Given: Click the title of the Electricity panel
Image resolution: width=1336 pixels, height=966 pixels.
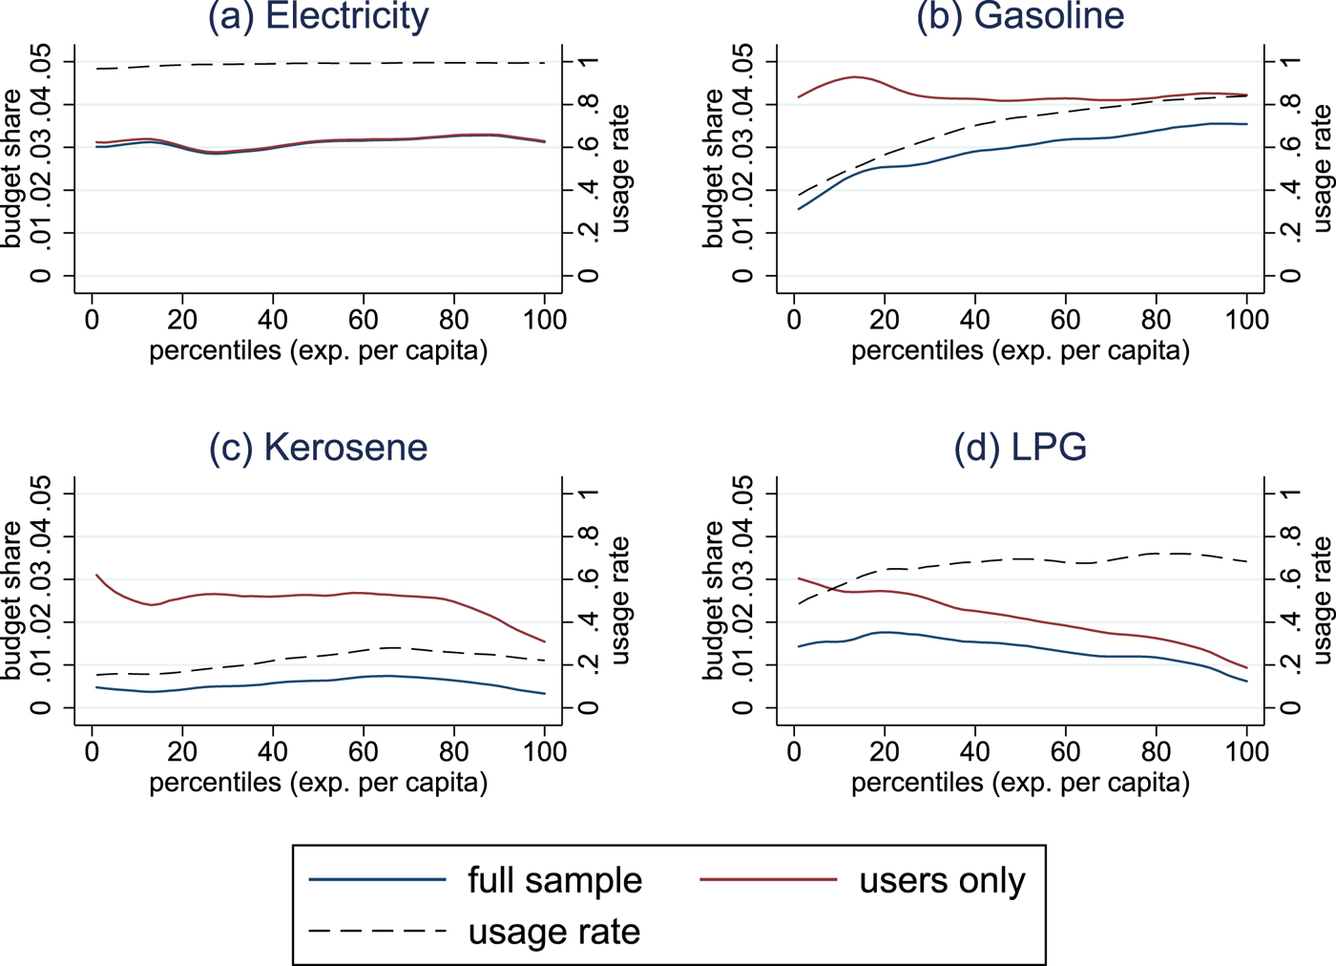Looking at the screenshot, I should (x=319, y=16).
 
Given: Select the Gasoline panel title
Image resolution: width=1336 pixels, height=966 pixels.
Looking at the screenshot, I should (x=1020, y=16).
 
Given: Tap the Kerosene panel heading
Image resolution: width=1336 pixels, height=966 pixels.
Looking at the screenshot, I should (x=319, y=448).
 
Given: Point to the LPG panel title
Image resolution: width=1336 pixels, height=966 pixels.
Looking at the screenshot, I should (x=1020, y=448).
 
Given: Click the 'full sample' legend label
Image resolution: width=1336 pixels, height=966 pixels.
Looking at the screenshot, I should (x=554, y=880).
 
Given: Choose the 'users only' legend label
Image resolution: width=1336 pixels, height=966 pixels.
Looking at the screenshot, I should (x=942, y=880).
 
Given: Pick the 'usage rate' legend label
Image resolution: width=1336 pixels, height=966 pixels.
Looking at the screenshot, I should (x=553, y=932).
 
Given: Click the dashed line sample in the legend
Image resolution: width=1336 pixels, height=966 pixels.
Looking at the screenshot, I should (x=378, y=932).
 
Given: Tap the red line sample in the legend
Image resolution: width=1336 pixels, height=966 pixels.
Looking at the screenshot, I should (x=768, y=879).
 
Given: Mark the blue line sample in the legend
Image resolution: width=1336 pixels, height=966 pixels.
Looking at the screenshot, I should (x=378, y=879).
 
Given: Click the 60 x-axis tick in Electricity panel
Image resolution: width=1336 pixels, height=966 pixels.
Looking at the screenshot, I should (x=364, y=319).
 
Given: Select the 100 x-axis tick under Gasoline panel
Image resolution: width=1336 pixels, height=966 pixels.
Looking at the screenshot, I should (x=1246, y=319).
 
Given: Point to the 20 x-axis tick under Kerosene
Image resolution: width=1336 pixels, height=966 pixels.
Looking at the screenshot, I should (x=182, y=751).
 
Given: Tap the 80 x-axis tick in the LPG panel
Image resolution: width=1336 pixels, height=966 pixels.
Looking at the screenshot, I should (x=1156, y=751).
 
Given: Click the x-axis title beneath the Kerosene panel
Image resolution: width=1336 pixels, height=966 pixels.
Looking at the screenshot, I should (x=319, y=783).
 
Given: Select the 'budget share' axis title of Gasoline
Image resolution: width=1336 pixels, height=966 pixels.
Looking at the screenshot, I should (x=714, y=169).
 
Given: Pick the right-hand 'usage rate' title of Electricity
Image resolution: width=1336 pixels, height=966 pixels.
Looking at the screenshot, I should (x=620, y=169).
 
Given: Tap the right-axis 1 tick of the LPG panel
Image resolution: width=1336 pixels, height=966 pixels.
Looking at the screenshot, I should (x=1290, y=493).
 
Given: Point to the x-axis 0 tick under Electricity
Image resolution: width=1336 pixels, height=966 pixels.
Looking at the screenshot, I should (x=92, y=319).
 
